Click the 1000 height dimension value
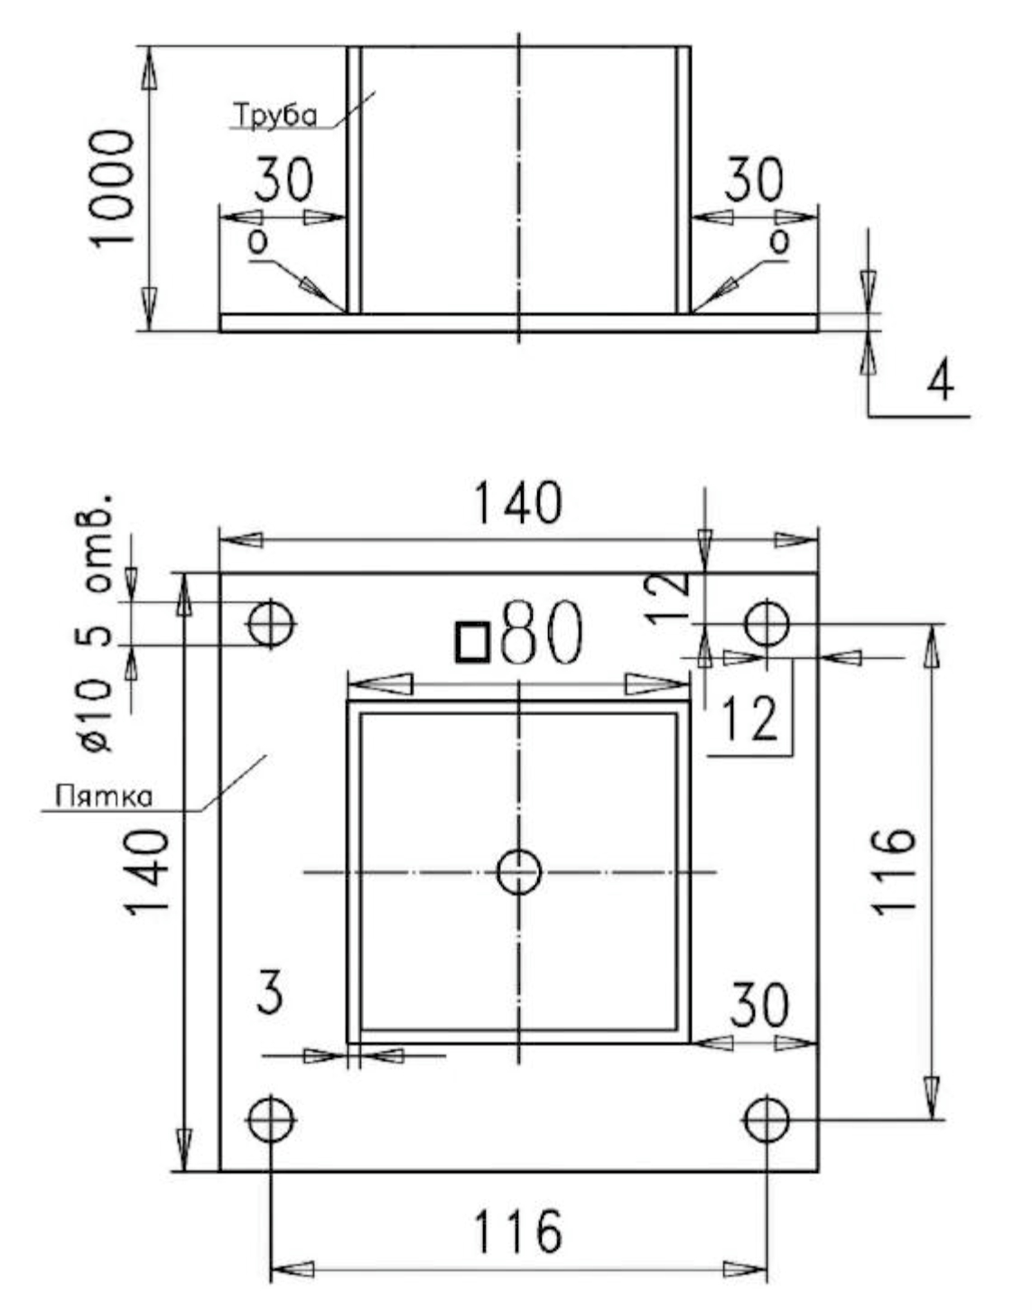tap(111, 188)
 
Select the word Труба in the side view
tap(276, 116)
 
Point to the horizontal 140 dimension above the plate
tap(518, 503)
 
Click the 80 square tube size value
tap(541, 632)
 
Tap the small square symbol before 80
tap(473, 641)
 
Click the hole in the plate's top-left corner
tap(271, 624)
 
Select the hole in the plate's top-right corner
tap(767, 624)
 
